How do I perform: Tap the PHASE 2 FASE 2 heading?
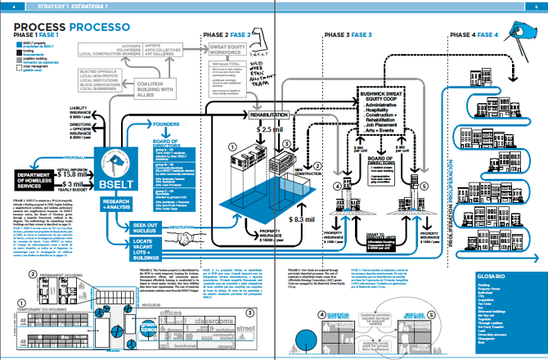[x=227, y=34]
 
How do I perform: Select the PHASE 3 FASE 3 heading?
[x=347, y=35]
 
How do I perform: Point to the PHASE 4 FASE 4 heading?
[x=474, y=35]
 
